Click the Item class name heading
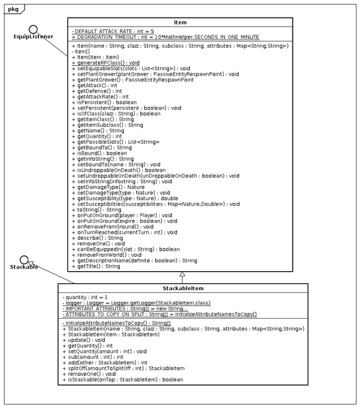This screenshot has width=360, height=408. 180,22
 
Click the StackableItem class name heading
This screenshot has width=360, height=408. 182,287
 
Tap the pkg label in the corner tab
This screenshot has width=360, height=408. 12,6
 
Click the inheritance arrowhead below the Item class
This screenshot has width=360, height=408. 182,275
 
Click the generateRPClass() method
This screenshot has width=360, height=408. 110,62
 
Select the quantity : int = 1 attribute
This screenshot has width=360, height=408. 88,297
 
